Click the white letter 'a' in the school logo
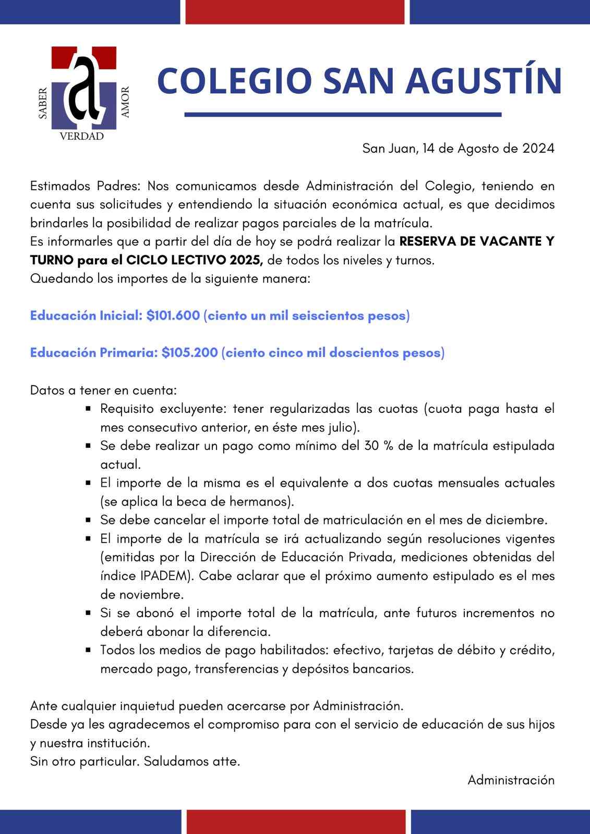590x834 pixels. pyautogui.click(x=83, y=86)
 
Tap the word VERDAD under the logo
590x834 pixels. pyautogui.click(x=82, y=137)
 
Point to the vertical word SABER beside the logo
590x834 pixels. pyautogui.click(x=43, y=104)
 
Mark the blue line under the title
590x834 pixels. pyautogui.click(x=343, y=115)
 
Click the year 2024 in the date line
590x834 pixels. pyautogui.click(x=538, y=149)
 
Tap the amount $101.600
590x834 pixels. pyautogui.click(x=173, y=316)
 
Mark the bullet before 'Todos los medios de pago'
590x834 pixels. pyautogui.click(x=89, y=651)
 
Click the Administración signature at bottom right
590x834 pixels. pyautogui.click(x=511, y=780)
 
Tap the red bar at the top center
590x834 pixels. pyautogui.click(x=295, y=11)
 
